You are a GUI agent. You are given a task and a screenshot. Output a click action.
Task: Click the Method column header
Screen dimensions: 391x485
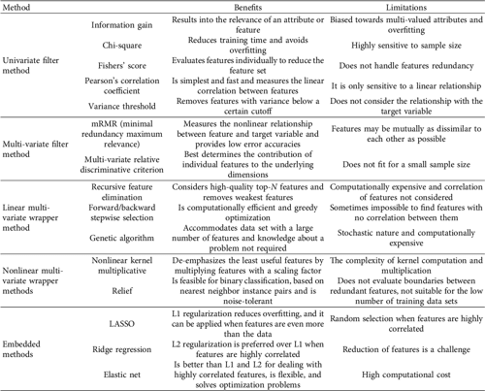[22, 9]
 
